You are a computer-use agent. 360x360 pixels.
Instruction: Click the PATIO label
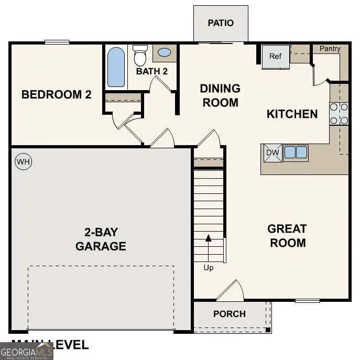pyautogui.click(x=220, y=23)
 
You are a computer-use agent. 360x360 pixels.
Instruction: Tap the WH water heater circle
pyautogui.click(x=23, y=161)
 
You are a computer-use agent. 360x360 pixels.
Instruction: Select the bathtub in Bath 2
pyautogui.click(x=116, y=67)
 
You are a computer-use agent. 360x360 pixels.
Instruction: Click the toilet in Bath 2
pyautogui.click(x=140, y=54)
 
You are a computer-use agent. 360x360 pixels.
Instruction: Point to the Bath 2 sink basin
pyautogui.click(x=164, y=52)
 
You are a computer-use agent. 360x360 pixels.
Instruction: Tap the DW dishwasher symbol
pyautogui.click(x=272, y=152)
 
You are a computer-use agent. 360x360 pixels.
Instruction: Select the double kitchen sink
pyautogui.click(x=296, y=152)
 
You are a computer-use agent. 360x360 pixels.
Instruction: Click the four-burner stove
pyautogui.click(x=339, y=114)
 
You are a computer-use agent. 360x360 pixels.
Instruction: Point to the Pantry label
pyautogui.click(x=330, y=49)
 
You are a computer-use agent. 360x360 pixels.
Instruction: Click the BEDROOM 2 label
pyautogui.click(x=57, y=95)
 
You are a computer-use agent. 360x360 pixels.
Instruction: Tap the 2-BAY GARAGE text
pyautogui.click(x=101, y=239)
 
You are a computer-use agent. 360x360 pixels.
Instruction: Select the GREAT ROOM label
pyautogui.click(x=287, y=236)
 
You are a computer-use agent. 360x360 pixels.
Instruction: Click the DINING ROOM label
pyautogui.click(x=220, y=95)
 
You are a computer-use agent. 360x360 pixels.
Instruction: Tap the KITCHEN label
pyautogui.click(x=292, y=114)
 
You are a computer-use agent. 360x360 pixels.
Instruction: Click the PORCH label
pyautogui.click(x=230, y=314)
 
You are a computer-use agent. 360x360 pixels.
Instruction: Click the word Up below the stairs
pyautogui.click(x=209, y=268)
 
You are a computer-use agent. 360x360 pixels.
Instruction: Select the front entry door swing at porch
pyautogui.click(x=231, y=291)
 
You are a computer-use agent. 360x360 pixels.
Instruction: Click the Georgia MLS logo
pyautogui.click(x=26, y=351)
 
